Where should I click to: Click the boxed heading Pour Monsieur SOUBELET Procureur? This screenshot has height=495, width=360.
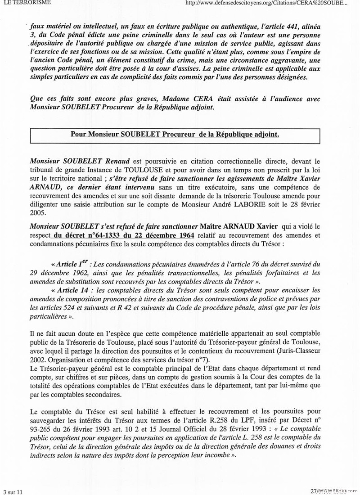tap(175, 135)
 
